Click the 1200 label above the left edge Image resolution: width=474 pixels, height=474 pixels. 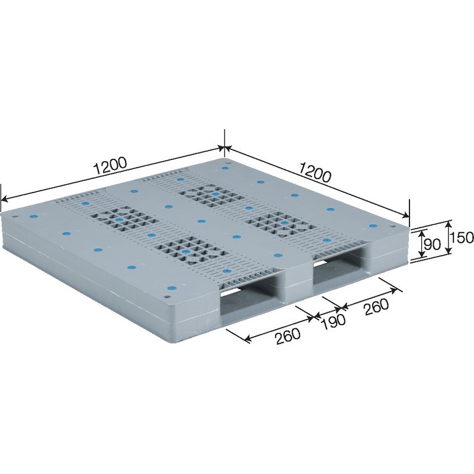(110, 166)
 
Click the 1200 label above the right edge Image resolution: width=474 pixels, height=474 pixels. (315, 172)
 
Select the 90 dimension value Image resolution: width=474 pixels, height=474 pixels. (433, 245)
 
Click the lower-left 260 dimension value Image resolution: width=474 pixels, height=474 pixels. (288, 335)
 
